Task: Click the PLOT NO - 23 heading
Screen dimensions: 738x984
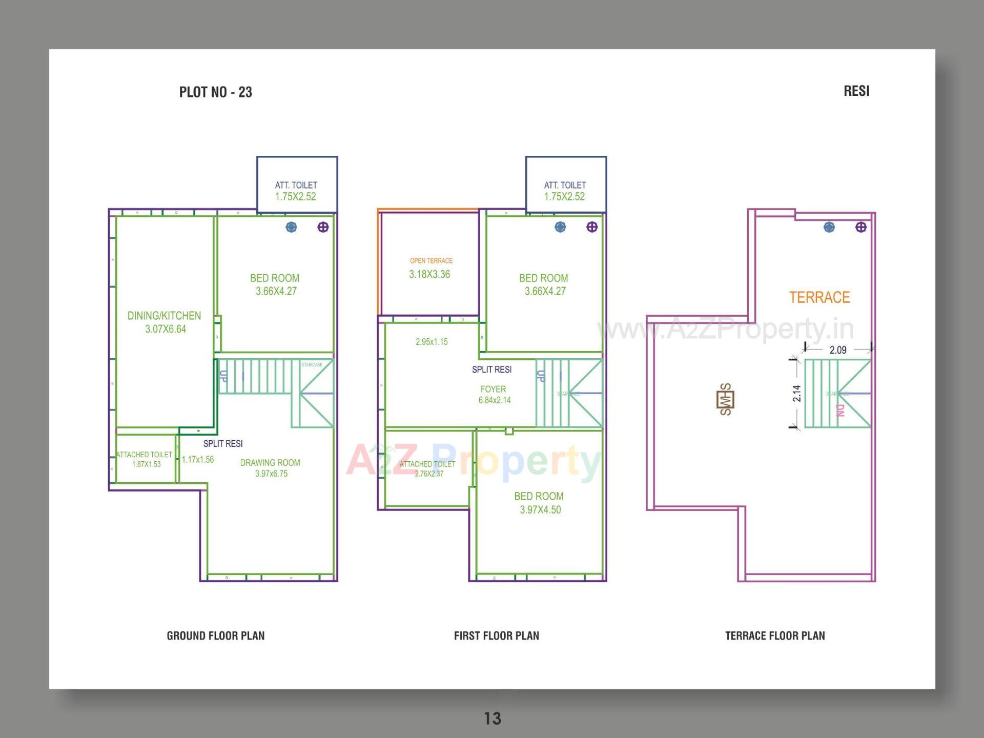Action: point(215,92)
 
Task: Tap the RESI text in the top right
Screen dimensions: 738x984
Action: point(856,91)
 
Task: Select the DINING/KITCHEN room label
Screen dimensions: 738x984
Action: point(164,316)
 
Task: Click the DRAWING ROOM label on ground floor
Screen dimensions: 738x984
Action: point(270,463)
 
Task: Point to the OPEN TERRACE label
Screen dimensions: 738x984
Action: point(431,261)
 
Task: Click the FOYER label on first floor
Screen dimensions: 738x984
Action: point(493,389)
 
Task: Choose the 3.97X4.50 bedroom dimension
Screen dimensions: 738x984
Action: point(540,510)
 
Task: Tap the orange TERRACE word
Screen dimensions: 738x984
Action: point(819,297)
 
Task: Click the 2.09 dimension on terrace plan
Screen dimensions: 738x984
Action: point(838,350)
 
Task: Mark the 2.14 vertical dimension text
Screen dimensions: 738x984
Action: point(796,394)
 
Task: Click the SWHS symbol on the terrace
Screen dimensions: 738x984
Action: point(725,399)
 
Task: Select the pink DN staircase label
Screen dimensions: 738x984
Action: point(839,410)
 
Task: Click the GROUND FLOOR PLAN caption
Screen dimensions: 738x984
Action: point(215,636)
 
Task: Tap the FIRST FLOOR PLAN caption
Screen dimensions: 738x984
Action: point(496,636)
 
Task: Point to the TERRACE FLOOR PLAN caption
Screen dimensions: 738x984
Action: point(774,636)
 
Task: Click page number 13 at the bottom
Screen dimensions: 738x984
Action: point(493,719)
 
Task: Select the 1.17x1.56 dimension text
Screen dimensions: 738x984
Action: point(198,460)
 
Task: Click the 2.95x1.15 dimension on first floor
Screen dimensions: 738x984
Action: point(432,342)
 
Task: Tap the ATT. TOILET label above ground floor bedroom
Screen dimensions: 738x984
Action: point(296,185)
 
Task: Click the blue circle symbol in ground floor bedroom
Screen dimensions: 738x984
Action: point(291,227)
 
